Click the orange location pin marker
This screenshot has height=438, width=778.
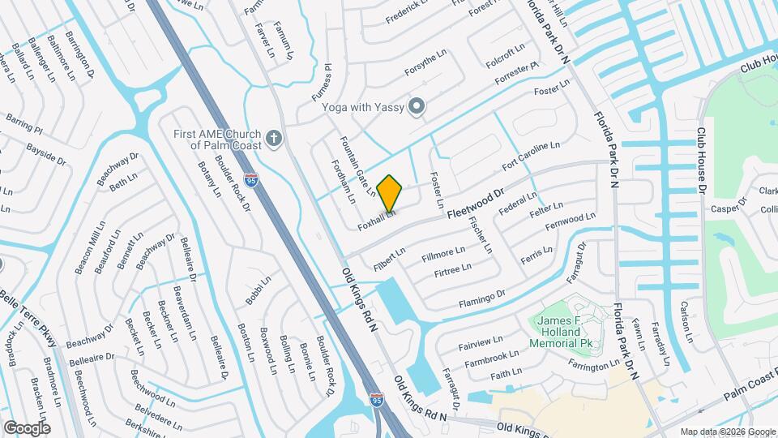[x=390, y=193]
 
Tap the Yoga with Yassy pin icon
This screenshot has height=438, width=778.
[x=417, y=106]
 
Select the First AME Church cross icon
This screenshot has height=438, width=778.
[x=274, y=139]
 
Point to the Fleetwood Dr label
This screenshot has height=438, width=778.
[x=475, y=203]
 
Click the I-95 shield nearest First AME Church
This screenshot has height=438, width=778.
[x=251, y=178]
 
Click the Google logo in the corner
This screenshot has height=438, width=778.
[x=27, y=427]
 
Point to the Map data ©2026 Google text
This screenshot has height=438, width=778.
[x=727, y=432]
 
